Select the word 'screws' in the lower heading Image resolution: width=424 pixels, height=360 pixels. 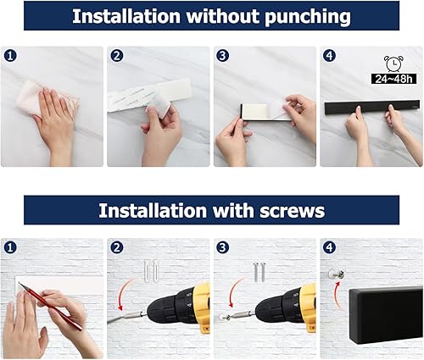pos(286,210)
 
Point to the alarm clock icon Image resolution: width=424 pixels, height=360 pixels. pos(393,64)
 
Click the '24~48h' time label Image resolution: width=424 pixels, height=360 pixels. pos(393,79)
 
